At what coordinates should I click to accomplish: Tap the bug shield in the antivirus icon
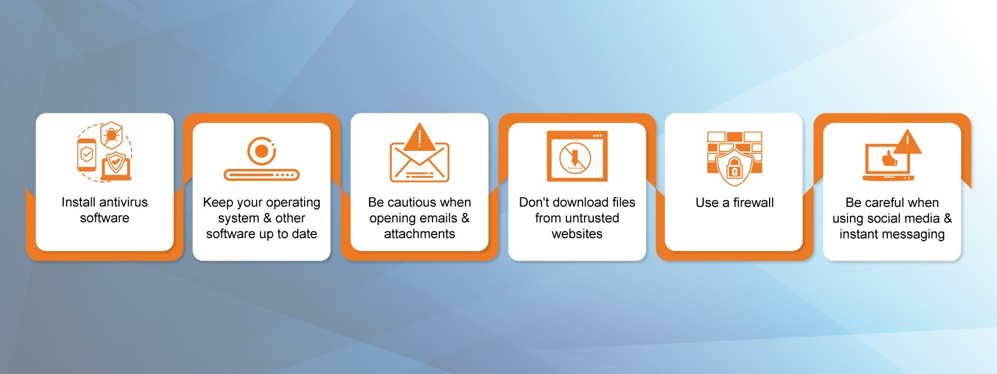pos(112,135)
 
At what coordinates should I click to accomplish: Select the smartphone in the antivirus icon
pos(87,155)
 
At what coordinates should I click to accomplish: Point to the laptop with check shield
pos(117,166)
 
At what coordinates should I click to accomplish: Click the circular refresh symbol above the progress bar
pos(262,151)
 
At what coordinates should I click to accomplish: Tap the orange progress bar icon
pos(262,175)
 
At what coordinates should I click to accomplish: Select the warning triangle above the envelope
pos(419,137)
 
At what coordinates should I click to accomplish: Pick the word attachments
pos(419,234)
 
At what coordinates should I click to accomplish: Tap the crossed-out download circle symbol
pos(575,158)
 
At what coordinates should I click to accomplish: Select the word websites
pos(577,234)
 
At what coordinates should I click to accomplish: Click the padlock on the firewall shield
pos(735,169)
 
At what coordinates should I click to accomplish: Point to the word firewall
pos(753,203)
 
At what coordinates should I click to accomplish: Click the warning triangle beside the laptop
pos(907,142)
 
